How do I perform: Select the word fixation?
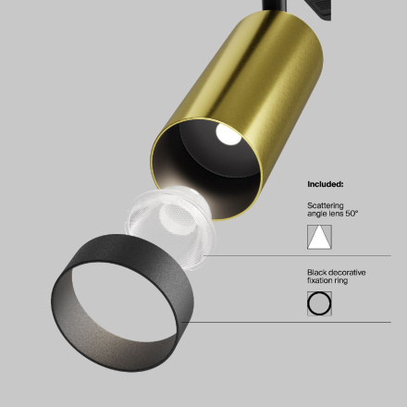point(320,280)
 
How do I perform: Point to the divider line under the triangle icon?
point(356,256)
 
